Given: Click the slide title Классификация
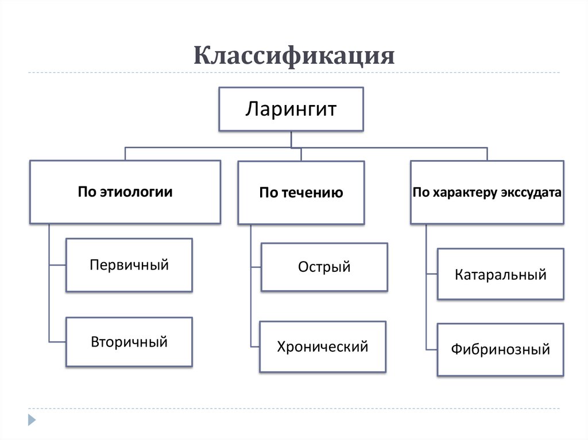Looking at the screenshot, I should coord(293,56).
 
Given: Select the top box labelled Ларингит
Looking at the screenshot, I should coord(291,108).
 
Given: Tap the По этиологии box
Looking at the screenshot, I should coord(125,192).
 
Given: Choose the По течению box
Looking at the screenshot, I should coord(301,193).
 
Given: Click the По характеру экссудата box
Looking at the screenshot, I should coord(487,192).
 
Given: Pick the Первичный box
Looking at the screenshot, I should coord(129,265).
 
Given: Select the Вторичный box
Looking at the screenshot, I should coord(129,342).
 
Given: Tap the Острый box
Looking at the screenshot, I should coord(324,267).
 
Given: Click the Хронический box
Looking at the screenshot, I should coord(323,346).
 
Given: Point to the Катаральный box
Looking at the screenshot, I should coord(500,274).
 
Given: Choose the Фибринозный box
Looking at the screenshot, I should coord(500,349).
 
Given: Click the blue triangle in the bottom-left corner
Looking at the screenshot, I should coord(32,420).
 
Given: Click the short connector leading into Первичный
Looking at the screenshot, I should coord(57,265).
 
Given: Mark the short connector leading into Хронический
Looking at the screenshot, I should coord(255,346).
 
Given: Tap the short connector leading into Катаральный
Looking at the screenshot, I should coord(432,274).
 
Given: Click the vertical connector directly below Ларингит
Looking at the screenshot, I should coord(291,139).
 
